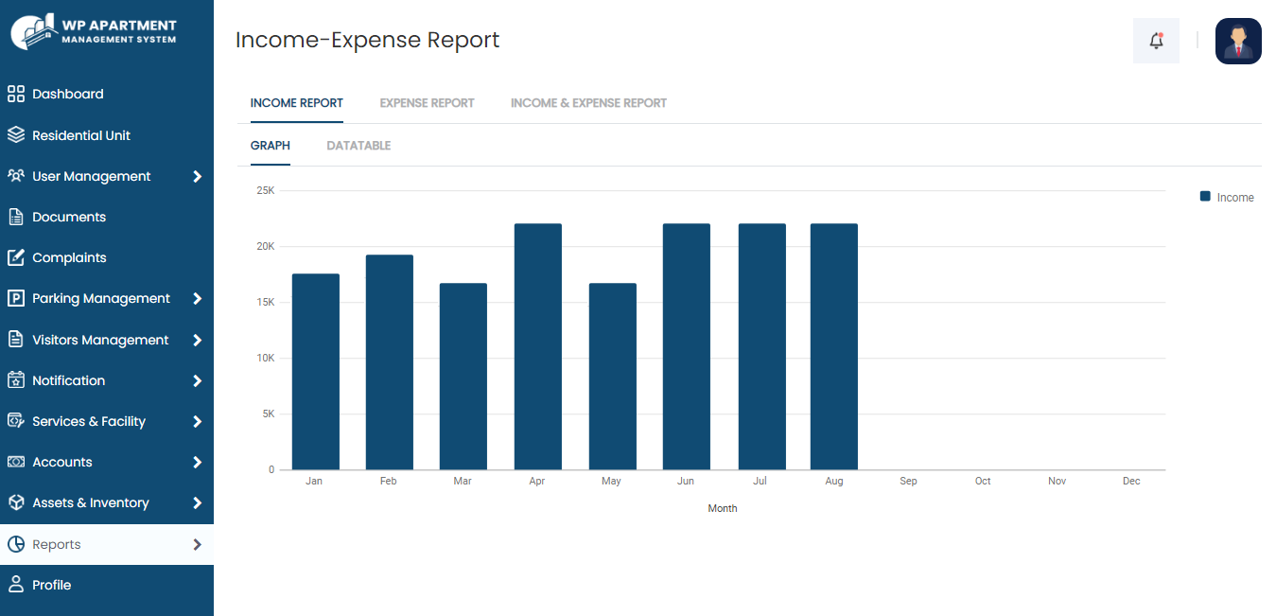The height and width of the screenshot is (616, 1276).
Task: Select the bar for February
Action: [389, 362]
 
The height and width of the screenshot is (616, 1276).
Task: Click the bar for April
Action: [537, 346]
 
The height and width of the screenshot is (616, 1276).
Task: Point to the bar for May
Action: [612, 377]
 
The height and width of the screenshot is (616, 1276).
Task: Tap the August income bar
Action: [833, 346]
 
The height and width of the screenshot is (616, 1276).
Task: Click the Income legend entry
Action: [1227, 198]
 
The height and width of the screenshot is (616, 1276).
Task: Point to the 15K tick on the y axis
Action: [265, 302]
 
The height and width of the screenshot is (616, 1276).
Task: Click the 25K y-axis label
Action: [265, 190]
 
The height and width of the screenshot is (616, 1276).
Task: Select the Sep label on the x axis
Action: [908, 482]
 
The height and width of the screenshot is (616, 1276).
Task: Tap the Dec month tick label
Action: [1131, 482]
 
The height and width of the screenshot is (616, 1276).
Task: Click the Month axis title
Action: [723, 509]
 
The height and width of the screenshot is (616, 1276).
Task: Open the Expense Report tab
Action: [427, 103]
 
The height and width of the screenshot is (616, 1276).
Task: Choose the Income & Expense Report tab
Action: [588, 103]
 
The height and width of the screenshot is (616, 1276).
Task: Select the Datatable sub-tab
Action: [358, 146]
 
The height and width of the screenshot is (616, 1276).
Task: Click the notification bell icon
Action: [1156, 41]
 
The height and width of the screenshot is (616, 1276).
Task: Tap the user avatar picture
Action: [1238, 41]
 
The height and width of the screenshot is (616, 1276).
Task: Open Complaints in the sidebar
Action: [69, 257]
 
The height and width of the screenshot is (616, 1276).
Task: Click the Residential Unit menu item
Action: [81, 135]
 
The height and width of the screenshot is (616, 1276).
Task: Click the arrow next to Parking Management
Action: [197, 299]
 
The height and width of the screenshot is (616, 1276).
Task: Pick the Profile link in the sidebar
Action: [51, 585]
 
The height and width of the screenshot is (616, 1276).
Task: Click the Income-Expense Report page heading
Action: [367, 40]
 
